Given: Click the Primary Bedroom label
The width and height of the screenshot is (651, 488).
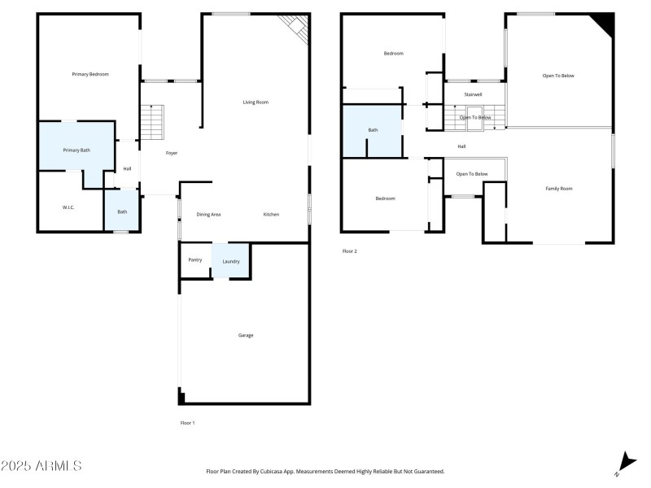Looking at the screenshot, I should point(90,74).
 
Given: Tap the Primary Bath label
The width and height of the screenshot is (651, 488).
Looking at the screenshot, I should point(76,150).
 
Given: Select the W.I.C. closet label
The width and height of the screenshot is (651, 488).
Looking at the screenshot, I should point(68,207).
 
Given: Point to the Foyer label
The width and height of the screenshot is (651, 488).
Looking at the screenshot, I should point(172,153).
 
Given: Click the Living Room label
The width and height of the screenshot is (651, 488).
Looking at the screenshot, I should point(256,102).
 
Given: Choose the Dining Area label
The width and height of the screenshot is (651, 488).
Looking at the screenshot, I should point(208,214).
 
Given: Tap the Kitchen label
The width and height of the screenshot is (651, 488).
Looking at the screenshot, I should point(271,214).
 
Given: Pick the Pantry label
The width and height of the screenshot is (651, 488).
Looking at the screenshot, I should point(194,260).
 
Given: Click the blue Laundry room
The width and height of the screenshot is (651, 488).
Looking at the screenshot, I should point(231,261).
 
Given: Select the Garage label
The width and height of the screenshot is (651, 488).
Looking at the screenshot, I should point(246,335).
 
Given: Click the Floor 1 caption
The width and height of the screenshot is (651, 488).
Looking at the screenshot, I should point(187,423).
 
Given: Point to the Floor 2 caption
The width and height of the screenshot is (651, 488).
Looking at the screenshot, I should point(349,251).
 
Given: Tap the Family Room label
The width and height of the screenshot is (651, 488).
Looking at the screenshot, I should point(558,189).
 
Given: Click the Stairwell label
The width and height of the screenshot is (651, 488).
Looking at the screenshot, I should point(474,94).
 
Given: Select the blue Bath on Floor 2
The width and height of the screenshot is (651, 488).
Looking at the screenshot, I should point(373,130).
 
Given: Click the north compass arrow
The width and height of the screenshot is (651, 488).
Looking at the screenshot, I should point(624,461).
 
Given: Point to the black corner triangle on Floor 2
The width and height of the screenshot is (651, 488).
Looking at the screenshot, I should point(605,21).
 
